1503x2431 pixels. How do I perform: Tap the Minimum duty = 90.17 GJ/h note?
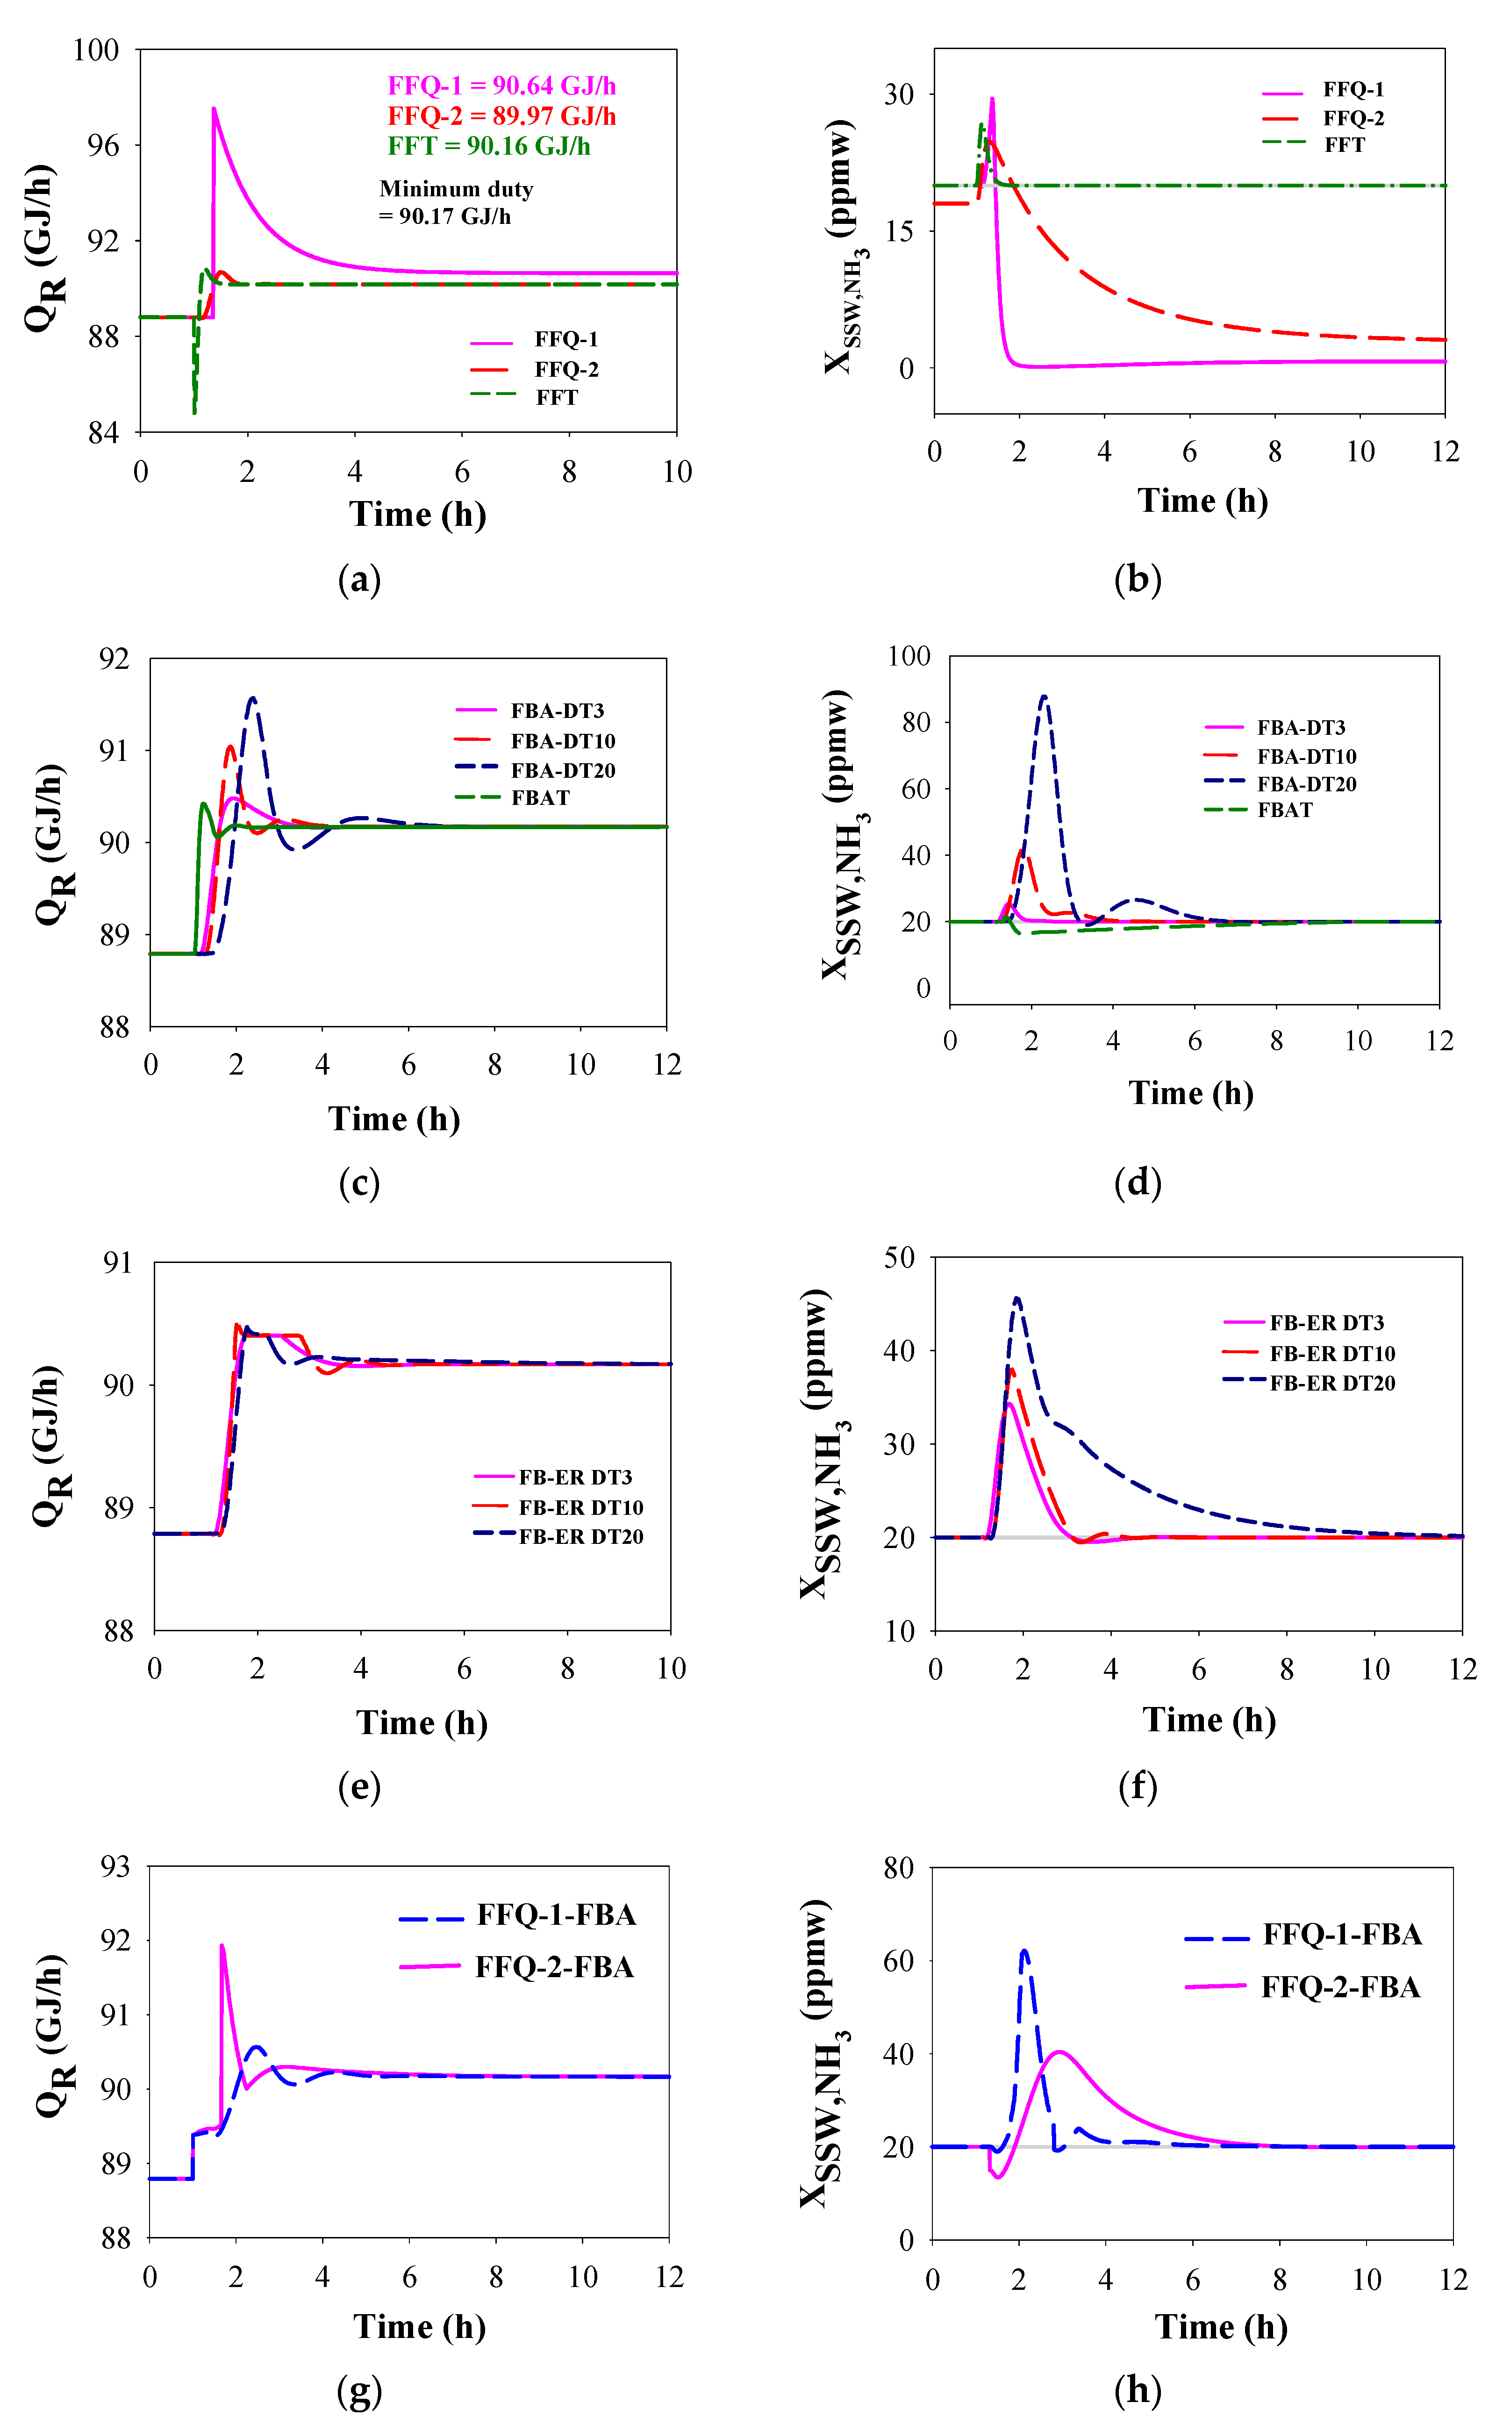click(456, 202)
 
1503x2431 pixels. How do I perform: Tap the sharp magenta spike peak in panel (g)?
click(221, 1945)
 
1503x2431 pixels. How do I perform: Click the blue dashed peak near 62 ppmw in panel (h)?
click(1024, 1950)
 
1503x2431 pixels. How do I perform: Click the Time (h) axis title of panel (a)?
click(417, 515)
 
